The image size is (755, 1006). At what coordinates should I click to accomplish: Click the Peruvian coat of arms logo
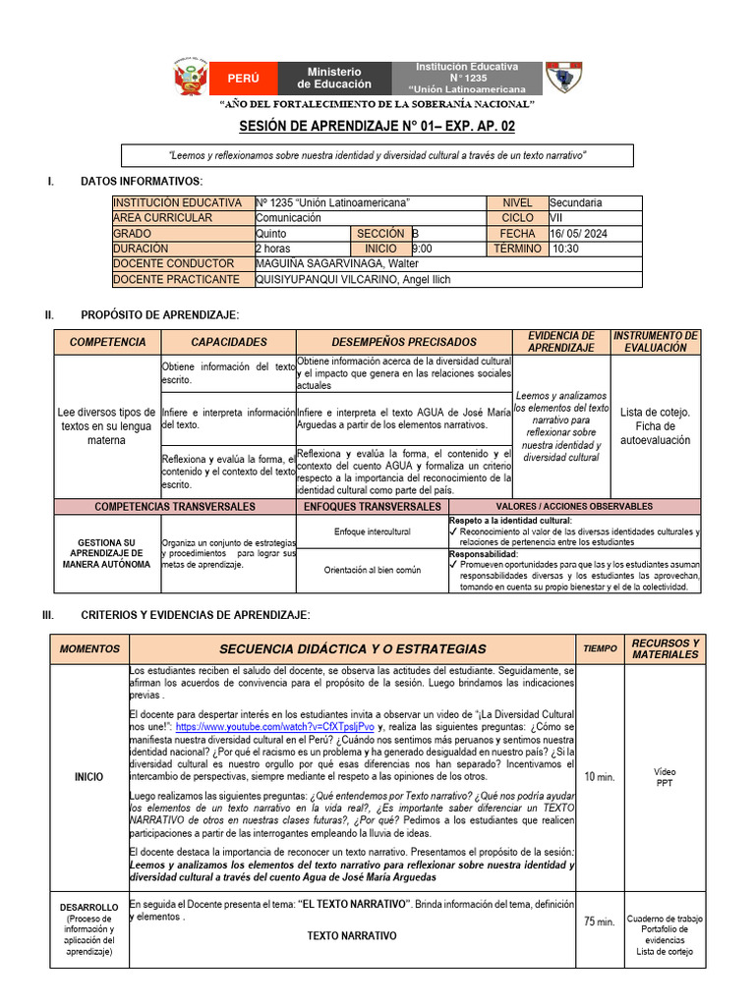pyautogui.click(x=191, y=78)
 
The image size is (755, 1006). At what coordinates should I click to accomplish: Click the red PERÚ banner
pyautogui.click(x=243, y=78)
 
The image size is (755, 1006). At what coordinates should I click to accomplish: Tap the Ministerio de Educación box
pyautogui.click(x=334, y=78)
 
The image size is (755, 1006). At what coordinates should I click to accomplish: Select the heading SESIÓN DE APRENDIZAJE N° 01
pyautogui.click(x=377, y=127)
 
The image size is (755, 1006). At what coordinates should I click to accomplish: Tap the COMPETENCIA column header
pyautogui.click(x=108, y=342)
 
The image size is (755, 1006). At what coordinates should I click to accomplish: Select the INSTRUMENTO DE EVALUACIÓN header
pyautogui.click(x=656, y=342)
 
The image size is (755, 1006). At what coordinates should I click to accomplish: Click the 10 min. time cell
pyautogui.click(x=599, y=777)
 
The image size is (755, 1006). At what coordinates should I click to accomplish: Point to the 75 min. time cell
pyautogui.click(x=599, y=922)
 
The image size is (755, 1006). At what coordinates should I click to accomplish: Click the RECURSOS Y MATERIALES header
pyautogui.click(x=665, y=648)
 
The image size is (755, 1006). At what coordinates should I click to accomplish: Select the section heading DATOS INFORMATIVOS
pyautogui.click(x=142, y=182)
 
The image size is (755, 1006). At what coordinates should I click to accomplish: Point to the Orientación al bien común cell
pyautogui.click(x=373, y=570)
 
